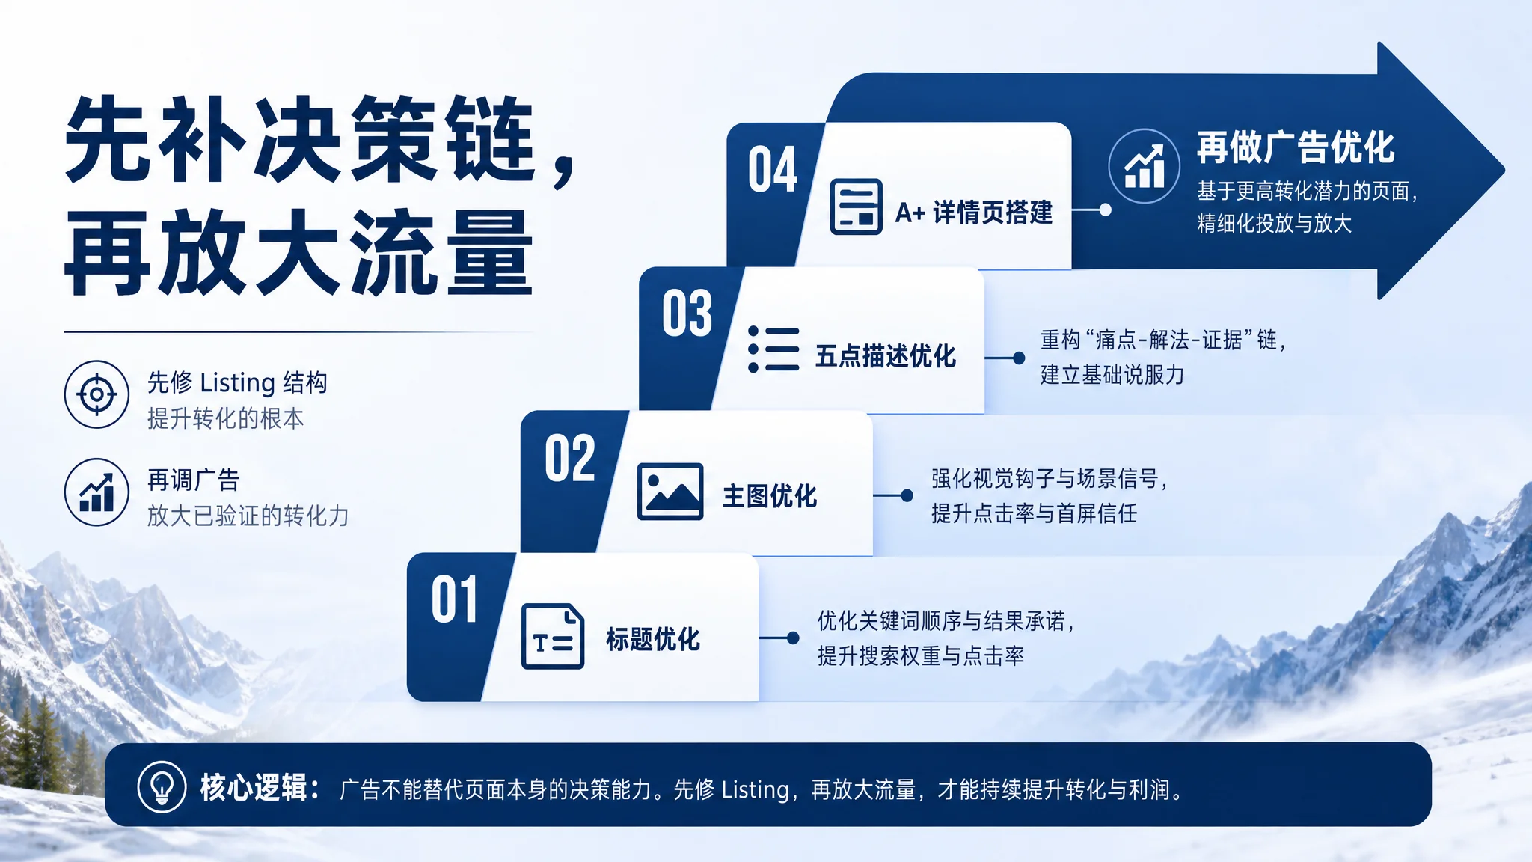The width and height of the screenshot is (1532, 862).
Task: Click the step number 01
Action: pos(454,599)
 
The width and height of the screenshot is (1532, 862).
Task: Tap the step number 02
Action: pos(570,458)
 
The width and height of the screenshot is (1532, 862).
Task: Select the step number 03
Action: pos(687,314)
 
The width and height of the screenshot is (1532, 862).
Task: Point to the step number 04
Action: pos(773,170)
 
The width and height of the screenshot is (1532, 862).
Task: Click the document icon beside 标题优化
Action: pos(553,636)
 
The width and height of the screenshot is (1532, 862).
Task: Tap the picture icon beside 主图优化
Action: pos(670,492)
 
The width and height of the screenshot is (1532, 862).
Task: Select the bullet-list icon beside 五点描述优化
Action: pos(773,349)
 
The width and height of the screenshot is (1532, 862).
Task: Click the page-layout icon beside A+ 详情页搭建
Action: pos(857,207)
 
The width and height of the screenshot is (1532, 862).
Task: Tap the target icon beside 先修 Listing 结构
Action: pos(96,394)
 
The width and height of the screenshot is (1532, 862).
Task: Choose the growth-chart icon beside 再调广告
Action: pos(96,492)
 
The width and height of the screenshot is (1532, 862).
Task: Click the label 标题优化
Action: pos(653,639)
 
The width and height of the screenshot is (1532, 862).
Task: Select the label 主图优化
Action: pos(770,496)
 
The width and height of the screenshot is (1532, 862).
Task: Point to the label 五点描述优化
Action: pos(886,356)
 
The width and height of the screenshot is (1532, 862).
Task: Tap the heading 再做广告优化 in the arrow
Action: pos(1296,147)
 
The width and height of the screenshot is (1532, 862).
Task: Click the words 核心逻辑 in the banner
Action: pos(253,788)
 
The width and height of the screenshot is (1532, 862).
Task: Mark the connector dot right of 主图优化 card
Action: pos(907,495)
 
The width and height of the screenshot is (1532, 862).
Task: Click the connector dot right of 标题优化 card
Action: pos(793,638)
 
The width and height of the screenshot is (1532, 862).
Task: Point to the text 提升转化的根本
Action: pos(226,418)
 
